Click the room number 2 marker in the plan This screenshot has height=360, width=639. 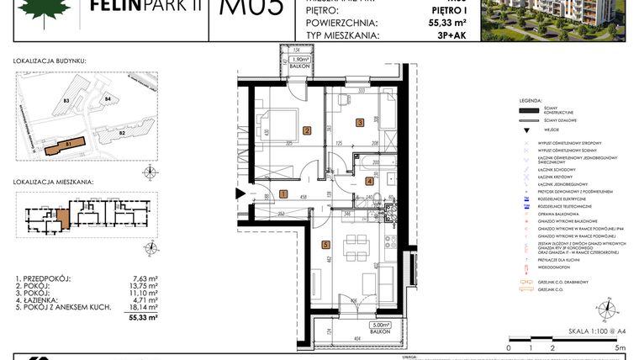307,130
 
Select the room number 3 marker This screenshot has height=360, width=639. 359,123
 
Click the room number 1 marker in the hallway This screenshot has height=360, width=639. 283,194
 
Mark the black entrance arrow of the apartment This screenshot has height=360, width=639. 241,194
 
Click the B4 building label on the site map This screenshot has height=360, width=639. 108,100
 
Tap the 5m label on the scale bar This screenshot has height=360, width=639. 620,347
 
